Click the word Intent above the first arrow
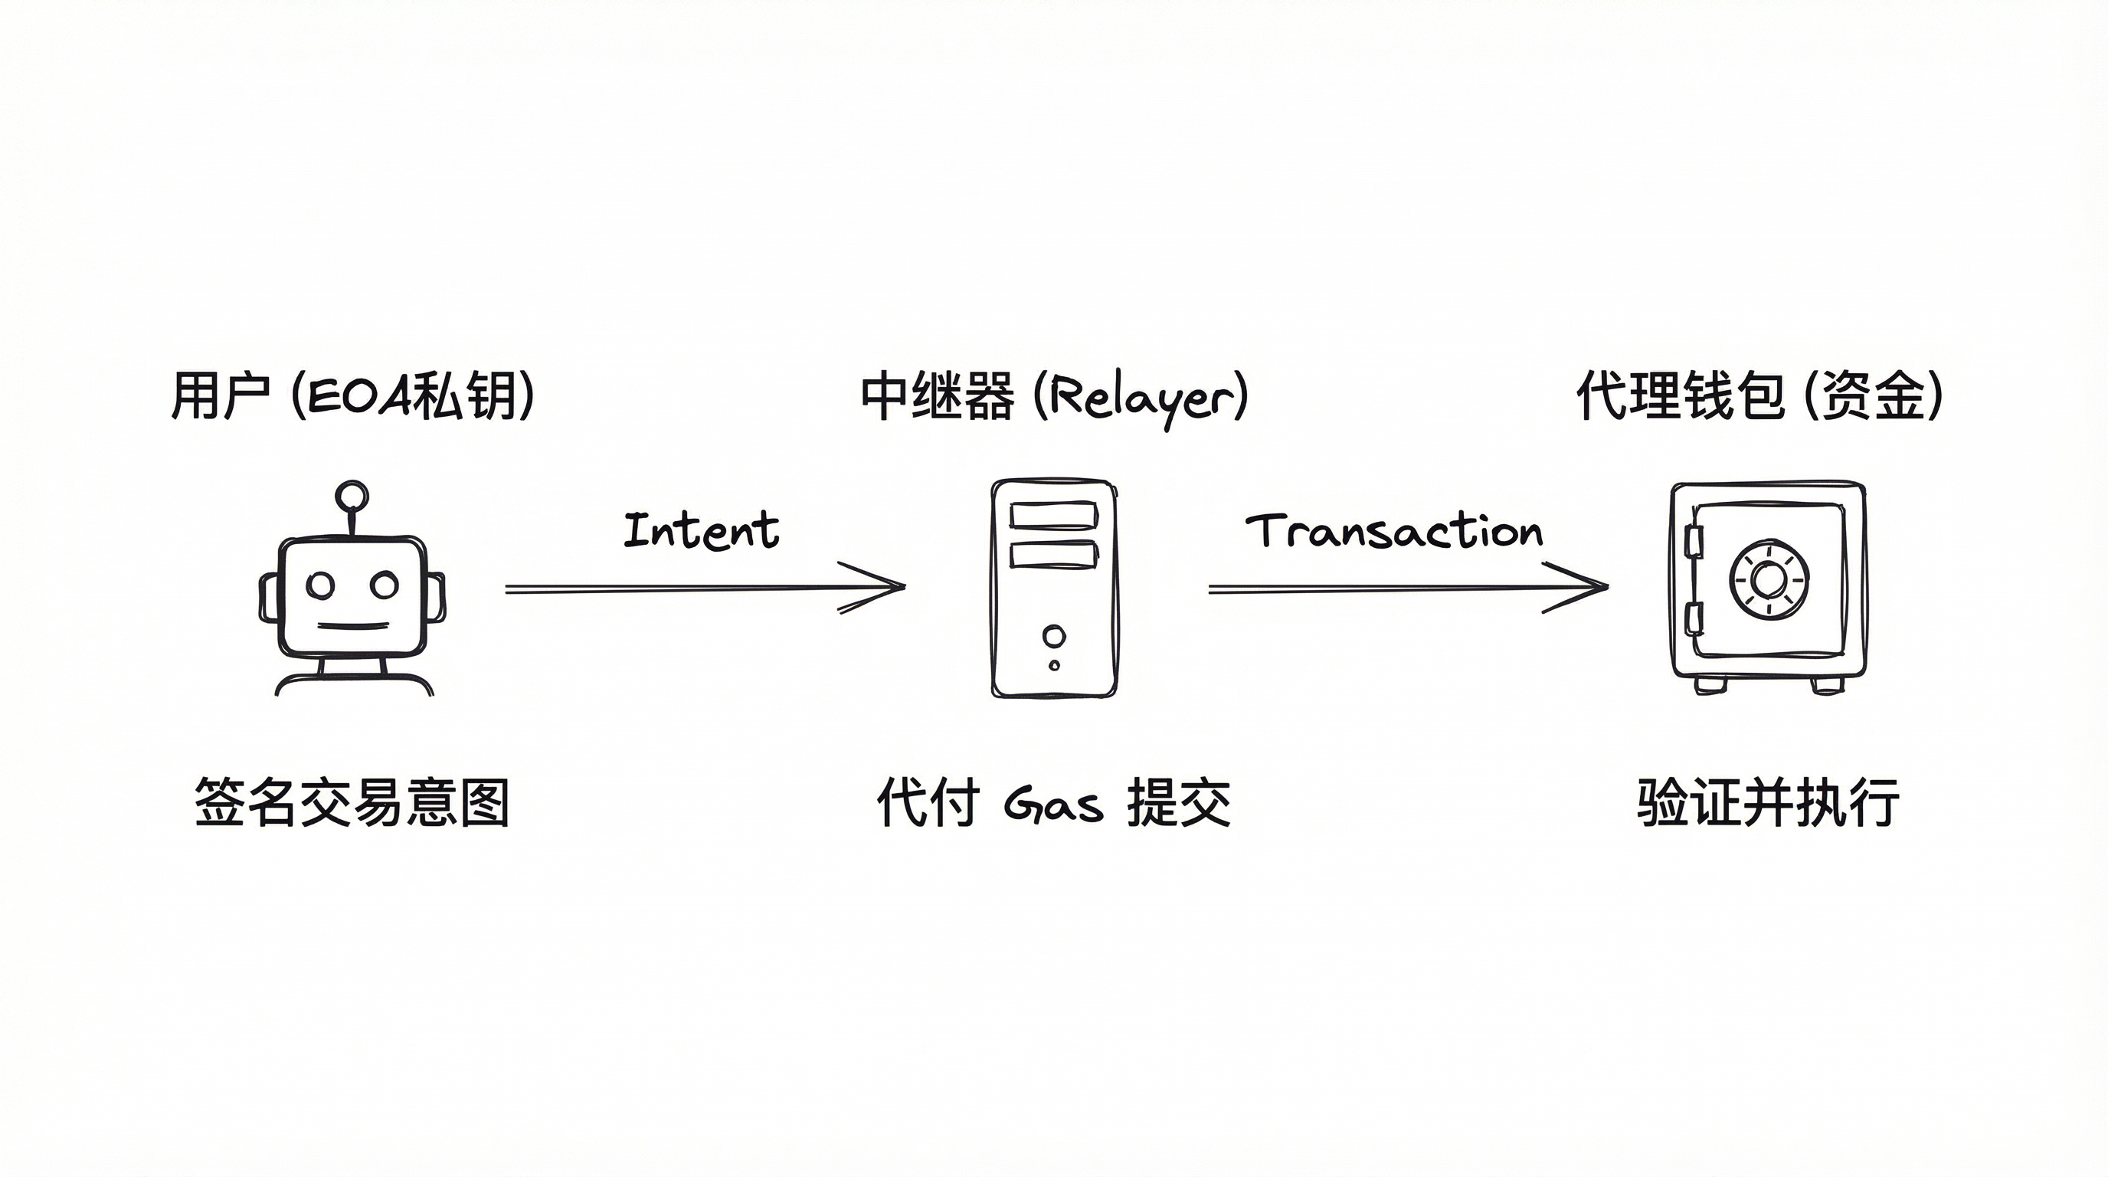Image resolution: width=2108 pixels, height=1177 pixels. click(702, 529)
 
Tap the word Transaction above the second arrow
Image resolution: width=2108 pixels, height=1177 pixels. click(1393, 531)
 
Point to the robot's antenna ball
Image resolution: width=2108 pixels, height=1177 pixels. click(352, 496)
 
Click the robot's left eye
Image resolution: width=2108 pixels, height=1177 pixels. click(320, 585)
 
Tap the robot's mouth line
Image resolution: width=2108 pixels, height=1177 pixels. click(352, 627)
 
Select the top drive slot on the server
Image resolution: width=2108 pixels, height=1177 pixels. click(1053, 516)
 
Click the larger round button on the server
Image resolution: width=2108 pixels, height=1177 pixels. click(1054, 636)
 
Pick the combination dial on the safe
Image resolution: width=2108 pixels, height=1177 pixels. click(1769, 579)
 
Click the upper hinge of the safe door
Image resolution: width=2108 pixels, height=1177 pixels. click(1693, 541)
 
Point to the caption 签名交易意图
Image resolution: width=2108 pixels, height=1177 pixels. click(352, 803)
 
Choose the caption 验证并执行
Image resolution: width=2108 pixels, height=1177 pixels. click(1768, 803)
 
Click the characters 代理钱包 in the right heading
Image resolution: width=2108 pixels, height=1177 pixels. click(1680, 395)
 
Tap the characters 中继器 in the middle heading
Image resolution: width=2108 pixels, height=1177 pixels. click(937, 395)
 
